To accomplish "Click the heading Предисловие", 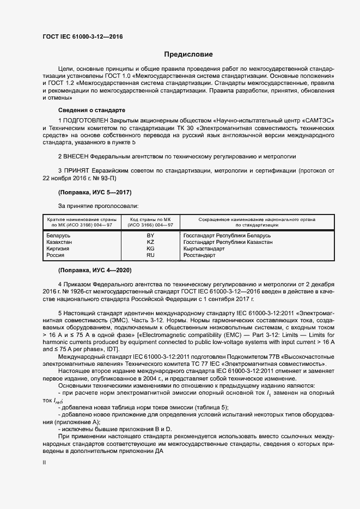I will tap(188, 54).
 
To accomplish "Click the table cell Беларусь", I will tap(59, 235).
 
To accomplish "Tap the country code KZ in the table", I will tap(151, 242).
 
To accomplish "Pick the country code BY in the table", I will tap(151, 235).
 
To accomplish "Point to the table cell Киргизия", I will tap(59, 248).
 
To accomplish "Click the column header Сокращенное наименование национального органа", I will tap(257, 218).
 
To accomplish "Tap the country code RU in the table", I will tap(151, 255).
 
